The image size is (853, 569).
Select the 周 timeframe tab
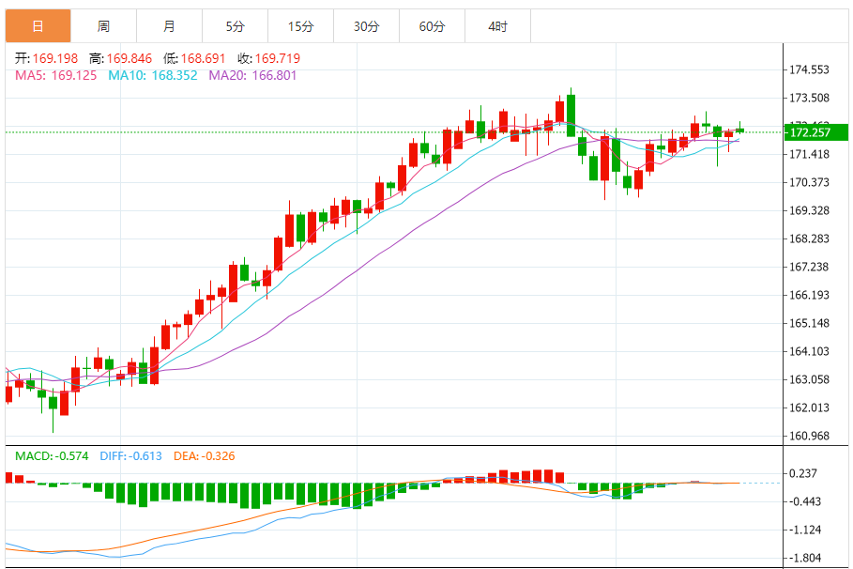pyautogui.click(x=103, y=26)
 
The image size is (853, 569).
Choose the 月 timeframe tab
pyautogui.click(x=169, y=26)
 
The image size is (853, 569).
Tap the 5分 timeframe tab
pyautogui.click(x=235, y=26)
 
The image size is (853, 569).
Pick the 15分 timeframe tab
pyautogui.click(x=300, y=26)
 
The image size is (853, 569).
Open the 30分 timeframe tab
pyautogui.click(x=366, y=26)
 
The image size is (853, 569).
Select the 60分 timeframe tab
pyautogui.click(x=432, y=26)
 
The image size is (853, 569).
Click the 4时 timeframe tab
pyautogui.click(x=497, y=26)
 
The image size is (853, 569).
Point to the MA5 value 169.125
pyautogui.click(x=74, y=75)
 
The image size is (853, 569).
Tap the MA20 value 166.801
pyautogui.click(x=272, y=75)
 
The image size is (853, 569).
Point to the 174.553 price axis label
pyautogui.click(x=809, y=70)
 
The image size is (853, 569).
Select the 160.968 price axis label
pyautogui.click(x=809, y=436)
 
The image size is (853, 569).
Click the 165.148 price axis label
pyautogui.click(x=809, y=324)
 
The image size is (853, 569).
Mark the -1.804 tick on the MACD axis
pyautogui.click(x=805, y=558)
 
